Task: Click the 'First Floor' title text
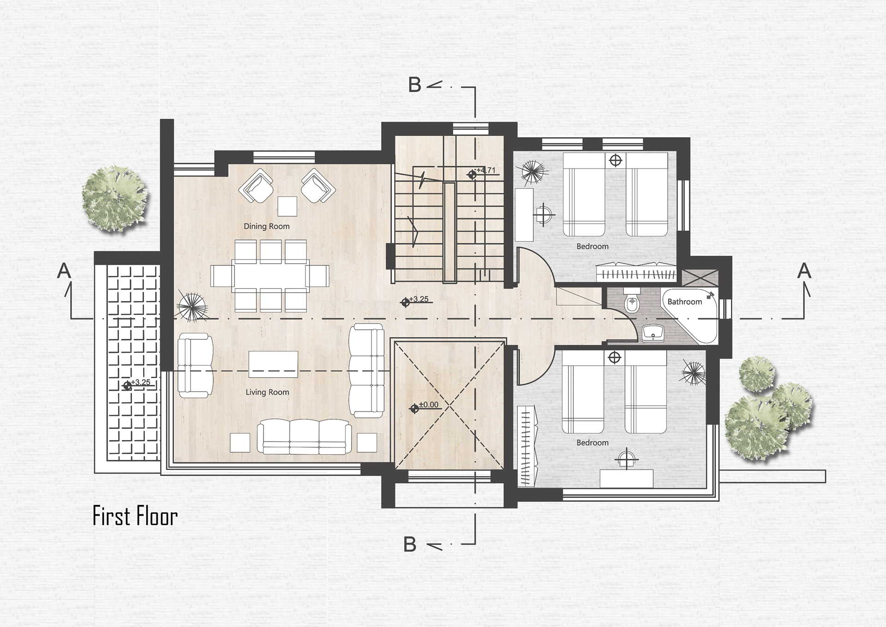pos(135,516)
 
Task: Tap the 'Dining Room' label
pos(267,226)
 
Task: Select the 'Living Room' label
pos(267,392)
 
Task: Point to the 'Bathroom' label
pos(684,301)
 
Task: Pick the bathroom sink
pos(653,332)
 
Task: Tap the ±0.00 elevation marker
pos(425,407)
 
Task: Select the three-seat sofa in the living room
pos(303,436)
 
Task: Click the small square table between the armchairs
pos(287,206)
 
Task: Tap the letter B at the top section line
pos(415,85)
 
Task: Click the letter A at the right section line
pos(804,271)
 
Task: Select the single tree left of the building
pos(114,199)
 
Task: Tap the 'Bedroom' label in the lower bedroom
pos(593,442)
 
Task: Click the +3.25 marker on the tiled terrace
pos(137,384)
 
